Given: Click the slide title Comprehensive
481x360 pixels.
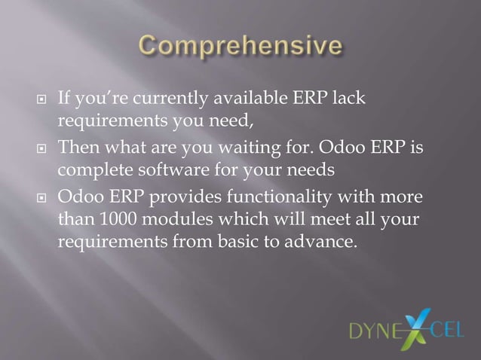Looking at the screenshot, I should coord(240,46).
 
